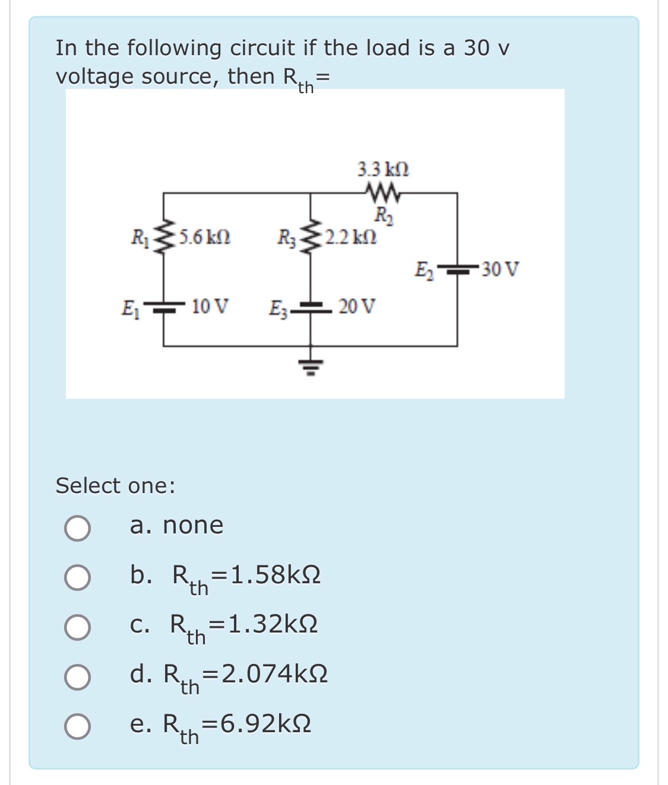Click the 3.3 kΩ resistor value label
(x=383, y=170)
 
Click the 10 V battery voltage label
(x=211, y=307)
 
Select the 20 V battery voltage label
(x=357, y=307)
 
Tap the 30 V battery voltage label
(x=500, y=269)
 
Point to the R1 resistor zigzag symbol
(x=164, y=238)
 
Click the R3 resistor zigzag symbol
(x=309, y=238)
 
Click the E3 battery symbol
(x=309, y=307)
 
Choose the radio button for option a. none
(x=78, y=528)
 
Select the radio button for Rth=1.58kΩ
(x=78, y=578)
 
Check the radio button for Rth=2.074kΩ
(x=78, y=677)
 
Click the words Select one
(x=115, y=486)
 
